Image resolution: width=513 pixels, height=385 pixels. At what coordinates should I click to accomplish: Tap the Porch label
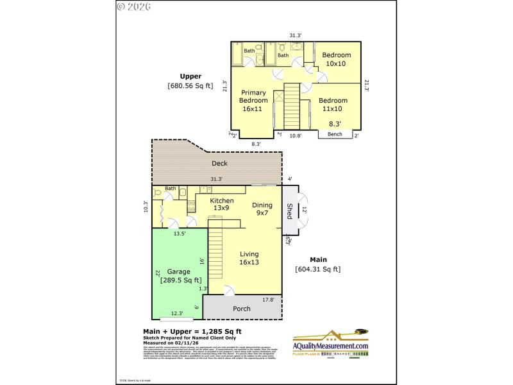(241, 309)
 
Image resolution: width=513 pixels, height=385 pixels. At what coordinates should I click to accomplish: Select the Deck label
(219, 164)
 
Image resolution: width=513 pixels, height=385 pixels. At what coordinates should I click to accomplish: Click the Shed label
(290, 211)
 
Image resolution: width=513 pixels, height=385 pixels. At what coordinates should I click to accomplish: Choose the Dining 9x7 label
(262, 209)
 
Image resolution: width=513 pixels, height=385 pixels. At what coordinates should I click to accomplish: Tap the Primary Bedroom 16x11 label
(253, 101)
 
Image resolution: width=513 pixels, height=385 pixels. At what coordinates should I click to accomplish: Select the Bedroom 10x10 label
(335, 59)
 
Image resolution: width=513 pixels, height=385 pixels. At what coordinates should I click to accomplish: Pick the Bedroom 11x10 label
(333, 105)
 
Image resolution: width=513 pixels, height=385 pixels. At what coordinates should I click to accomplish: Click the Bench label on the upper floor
(335, 134)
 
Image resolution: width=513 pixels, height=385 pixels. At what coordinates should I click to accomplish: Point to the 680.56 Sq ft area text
(190, 85)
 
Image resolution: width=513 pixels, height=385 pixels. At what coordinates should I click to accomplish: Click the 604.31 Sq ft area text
(317, 269)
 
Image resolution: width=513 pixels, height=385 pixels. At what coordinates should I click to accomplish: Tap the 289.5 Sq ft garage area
(181, 280)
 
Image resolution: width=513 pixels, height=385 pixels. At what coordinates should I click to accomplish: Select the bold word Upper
(190, 76)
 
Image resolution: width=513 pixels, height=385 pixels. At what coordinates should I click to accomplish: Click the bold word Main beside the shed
(318, 259)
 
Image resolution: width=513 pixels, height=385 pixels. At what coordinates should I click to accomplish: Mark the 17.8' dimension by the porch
(269, 300)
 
